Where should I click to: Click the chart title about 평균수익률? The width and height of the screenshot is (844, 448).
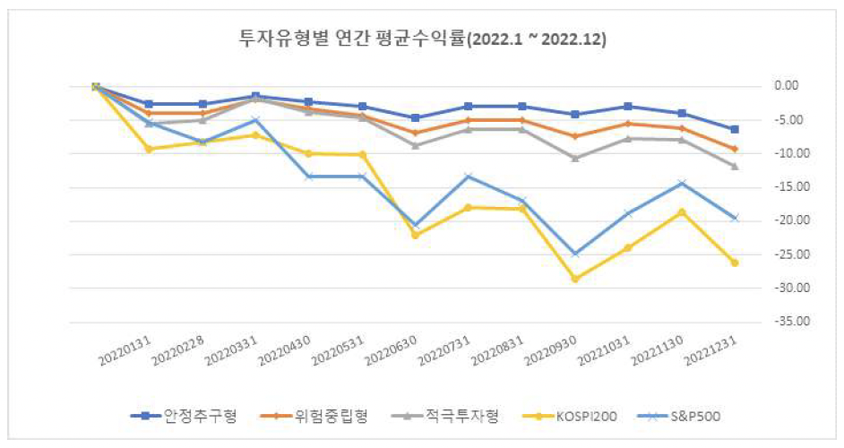coord(421,38)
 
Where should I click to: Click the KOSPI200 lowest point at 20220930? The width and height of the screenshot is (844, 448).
coord(575,279)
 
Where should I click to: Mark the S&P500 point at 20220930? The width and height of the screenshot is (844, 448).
coord(575,254)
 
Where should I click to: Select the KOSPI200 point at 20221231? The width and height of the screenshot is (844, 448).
coord(735,263)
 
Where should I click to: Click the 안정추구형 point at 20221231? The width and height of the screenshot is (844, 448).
coord(735,129)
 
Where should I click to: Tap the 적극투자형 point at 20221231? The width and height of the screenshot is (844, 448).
coord(735,167)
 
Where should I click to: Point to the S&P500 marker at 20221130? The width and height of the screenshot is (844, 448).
coord(682,183)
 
